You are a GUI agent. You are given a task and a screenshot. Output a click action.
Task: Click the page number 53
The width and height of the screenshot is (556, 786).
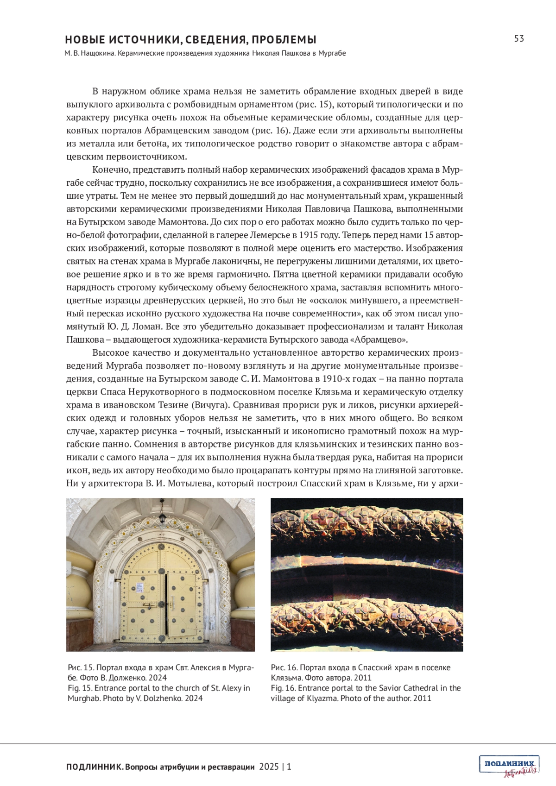[519, 38]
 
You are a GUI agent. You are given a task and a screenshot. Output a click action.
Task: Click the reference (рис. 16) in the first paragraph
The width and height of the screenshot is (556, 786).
[272, 130]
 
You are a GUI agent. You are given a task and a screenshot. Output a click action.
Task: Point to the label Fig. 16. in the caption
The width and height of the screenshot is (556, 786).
[283, 688]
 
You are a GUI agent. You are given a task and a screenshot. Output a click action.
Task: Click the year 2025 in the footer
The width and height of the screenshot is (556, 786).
[269, 767]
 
